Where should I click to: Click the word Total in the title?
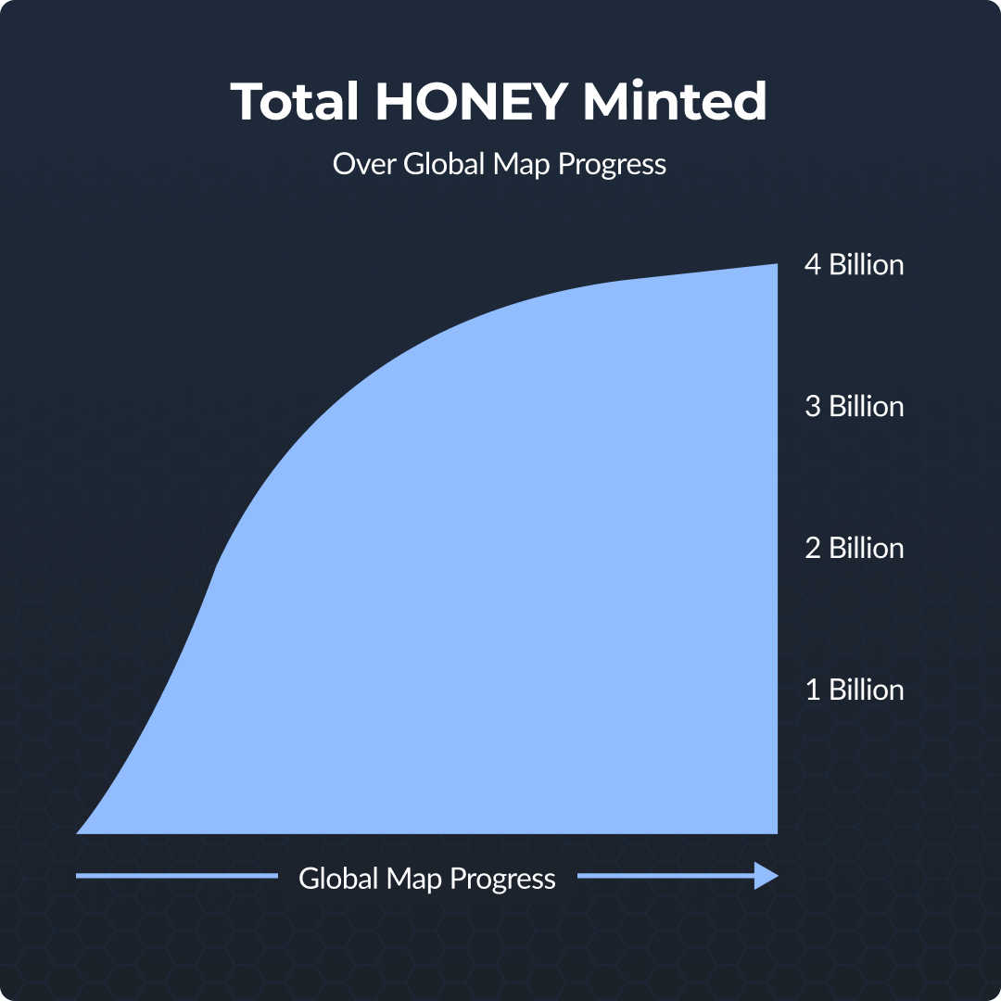(295, 101)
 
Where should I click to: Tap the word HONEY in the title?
(471, 101)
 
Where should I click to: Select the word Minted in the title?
(675, 101)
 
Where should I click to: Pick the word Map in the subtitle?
(522, 165)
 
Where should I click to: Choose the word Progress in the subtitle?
(613, 166)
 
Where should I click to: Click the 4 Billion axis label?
(855, 265)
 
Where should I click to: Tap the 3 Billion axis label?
(855, 407)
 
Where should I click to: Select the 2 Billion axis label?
(855, 549)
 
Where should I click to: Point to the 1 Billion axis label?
(855, 691)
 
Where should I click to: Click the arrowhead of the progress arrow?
(767, 876)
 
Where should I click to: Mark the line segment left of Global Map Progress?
(177, 876)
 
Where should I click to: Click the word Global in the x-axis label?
(338, 879)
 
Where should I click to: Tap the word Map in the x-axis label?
(413, 881)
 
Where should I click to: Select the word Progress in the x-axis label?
(502, 881)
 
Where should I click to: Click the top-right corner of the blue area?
(778, 263)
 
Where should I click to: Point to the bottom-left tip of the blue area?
(77, 833)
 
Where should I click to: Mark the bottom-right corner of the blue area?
(778, 834)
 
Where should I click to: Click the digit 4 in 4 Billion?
(813, 265)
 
